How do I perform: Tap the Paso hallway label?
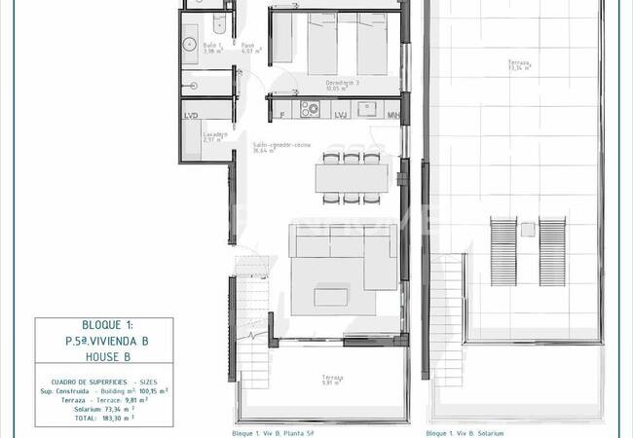coord(248,47)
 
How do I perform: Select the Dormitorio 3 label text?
coord(343,85)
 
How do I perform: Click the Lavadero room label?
coord(215,135)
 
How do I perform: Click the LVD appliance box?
coord(191,116)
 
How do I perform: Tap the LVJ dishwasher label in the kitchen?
coord(341,116)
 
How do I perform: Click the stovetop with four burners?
coord(312,108)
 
